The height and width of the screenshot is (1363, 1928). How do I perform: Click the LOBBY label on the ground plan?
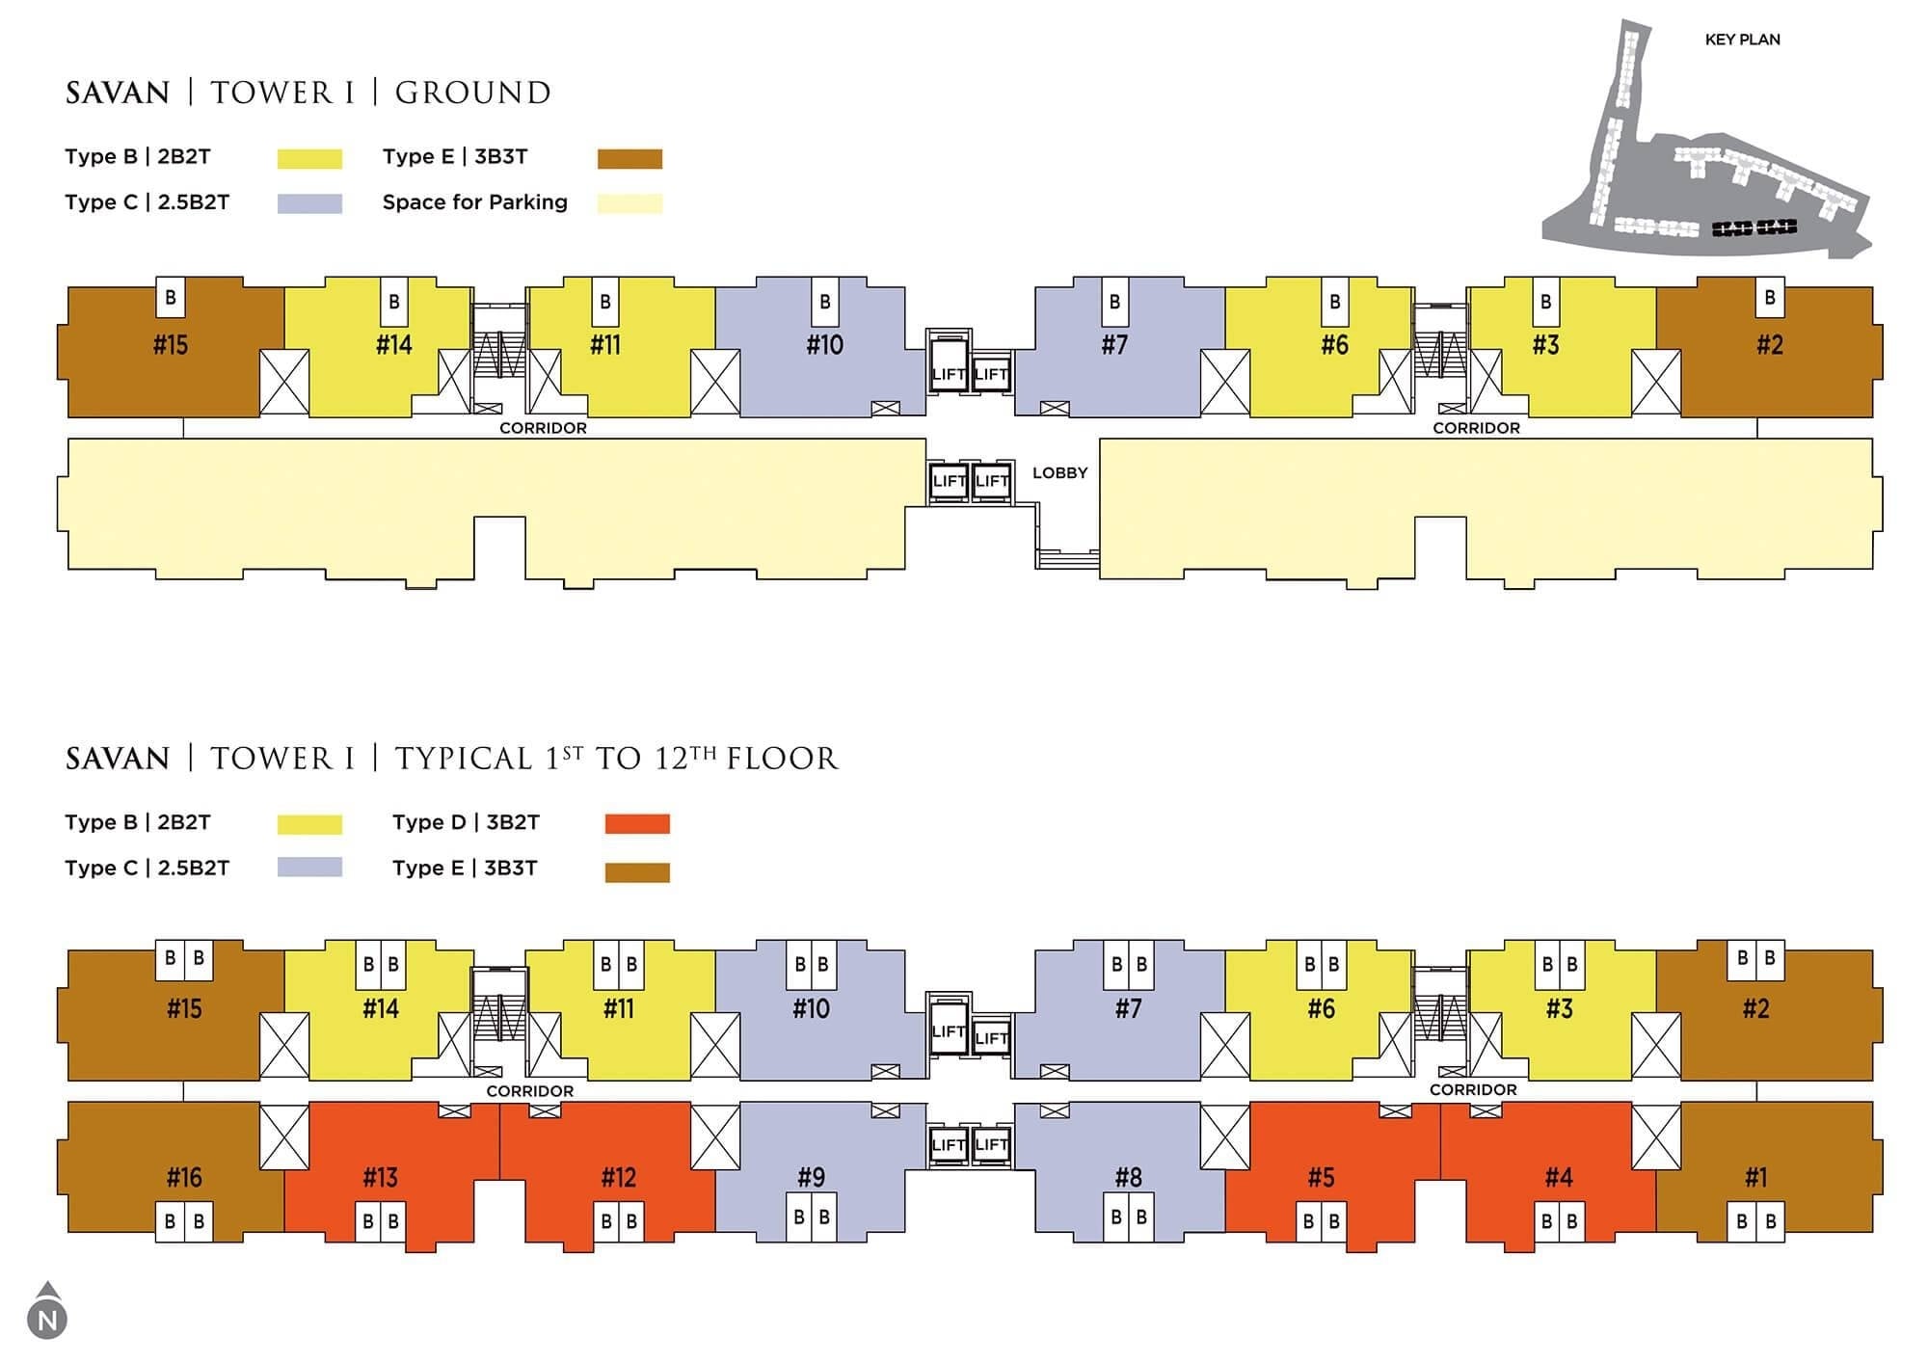click(x=1059, y=473)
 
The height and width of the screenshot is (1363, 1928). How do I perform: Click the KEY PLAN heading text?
click(x=1742, y=40)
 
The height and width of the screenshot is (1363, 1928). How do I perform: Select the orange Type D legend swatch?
click(x=637, y=824)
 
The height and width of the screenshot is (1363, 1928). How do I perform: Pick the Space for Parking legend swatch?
click(x=629, y=203)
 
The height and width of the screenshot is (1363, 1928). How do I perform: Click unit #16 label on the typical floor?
click(x=184, y=1177)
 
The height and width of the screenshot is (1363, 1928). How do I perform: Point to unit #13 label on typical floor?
click(x=381, y=1177)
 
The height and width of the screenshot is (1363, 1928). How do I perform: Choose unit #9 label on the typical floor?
click(x=812, y=1177)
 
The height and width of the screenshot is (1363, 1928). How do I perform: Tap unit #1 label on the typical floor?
click(x=1756, y=1177)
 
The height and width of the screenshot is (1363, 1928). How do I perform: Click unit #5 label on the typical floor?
click(x=1322, y=1177)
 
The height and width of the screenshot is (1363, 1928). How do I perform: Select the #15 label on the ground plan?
click(x=171, y=345)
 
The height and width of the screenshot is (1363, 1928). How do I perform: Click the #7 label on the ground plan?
click(x=1114, y=345)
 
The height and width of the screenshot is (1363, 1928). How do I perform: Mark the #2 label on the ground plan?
click(x=1770, y=345)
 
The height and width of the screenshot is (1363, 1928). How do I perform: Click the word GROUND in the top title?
click(x=472, y=94)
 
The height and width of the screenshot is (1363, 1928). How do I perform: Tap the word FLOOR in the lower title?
click(x=782, y=760)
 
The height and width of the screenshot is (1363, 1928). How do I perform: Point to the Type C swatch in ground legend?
click(x=309, y=203)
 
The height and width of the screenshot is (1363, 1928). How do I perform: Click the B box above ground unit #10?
click(x=825, y=302)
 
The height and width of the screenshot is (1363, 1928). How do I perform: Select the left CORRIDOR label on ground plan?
click(x=543, y=428)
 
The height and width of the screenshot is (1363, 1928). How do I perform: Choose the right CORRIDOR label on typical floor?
click(x=1473, y=1090)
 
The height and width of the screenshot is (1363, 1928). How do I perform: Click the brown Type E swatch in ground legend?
click(x=629, y=159)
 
